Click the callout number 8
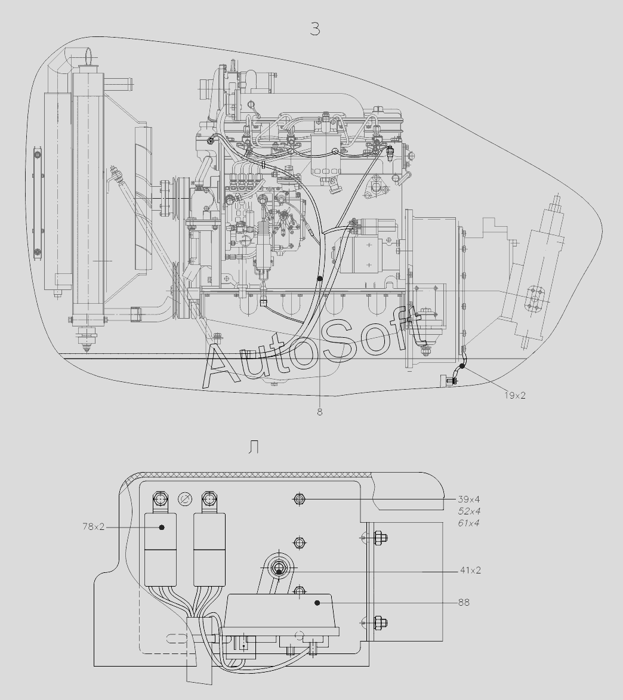click(320, 412)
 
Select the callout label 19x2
click(514, 395)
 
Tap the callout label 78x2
click(94, 527)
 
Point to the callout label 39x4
click(470, 499)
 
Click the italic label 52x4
click(469, 511)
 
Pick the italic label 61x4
click(469, 523)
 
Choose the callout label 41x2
click(470, 571)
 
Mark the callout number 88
click(464, 603)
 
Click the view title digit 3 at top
click(315, 29)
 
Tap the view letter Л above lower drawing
click(254, 448)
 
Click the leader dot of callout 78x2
click(162, 527)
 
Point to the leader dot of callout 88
click(317, 603)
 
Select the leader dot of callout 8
click(320, 279)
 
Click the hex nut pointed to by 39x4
click(300, 499)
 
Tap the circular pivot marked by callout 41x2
click(279, 570)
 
